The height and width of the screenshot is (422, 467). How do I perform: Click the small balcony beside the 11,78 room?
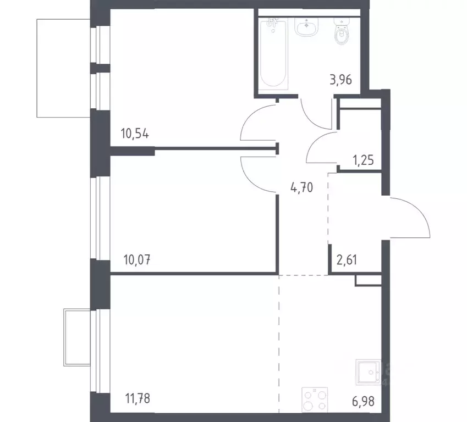78,336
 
